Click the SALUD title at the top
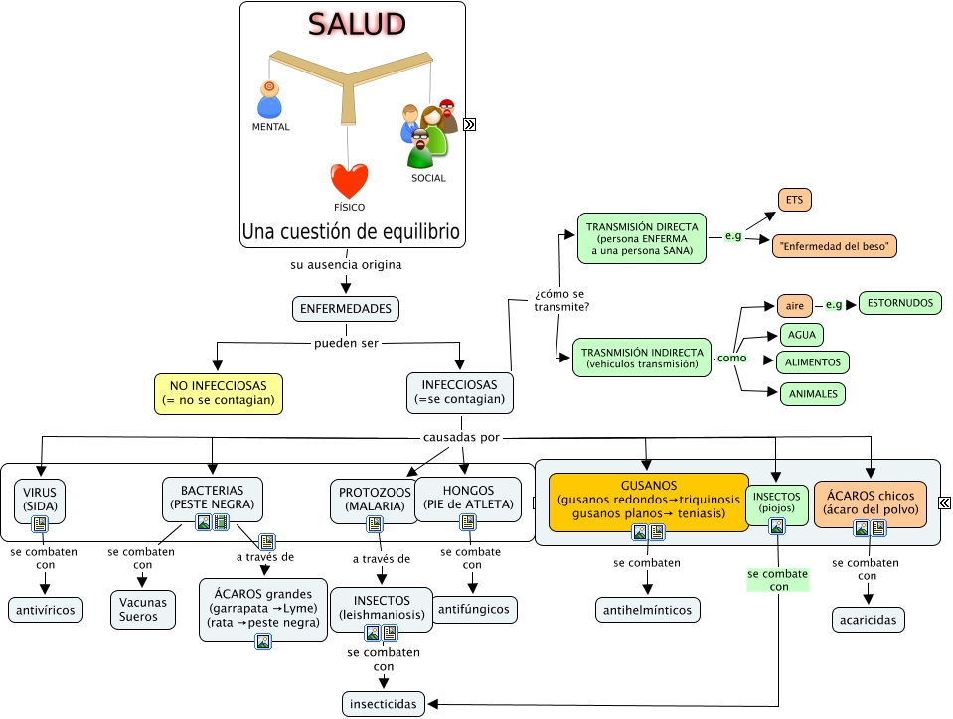coord(355,24)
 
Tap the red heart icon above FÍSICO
coord(349,181)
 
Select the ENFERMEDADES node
coord(346,309)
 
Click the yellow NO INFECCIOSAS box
coord(219,393)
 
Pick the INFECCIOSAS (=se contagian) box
coord(460,393)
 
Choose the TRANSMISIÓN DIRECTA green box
coord(642,238)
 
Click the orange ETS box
coord(794,200)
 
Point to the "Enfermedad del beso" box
coord(835,245)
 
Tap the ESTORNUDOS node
coord(899,303)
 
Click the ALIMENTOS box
coord(812,362)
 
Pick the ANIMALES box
coord(812,394)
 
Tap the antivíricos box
coord(47,609)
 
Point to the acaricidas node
coord(869,620)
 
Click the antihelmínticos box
coord(648,609)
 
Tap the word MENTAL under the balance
coord(271,127)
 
